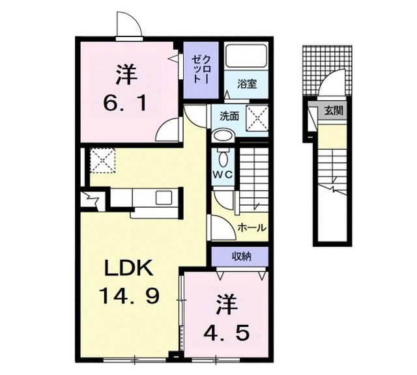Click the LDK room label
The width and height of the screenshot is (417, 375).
point(129,268)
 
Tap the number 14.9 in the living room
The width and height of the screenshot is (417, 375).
point(129,296)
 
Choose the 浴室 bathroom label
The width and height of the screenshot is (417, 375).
point(247,84)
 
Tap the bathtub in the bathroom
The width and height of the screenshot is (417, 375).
point(246,56)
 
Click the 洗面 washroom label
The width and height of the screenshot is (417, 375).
point(229,116)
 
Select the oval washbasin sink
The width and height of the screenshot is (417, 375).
point(223,135)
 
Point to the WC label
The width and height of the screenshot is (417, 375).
point(223,174)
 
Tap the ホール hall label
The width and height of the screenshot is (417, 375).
point(252,228)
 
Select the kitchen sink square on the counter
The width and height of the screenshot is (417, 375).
point(164,197)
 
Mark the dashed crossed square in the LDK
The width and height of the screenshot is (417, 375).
point(102,161)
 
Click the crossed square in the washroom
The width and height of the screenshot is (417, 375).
point(257,118)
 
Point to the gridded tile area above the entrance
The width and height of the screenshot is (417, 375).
point(327,71)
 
